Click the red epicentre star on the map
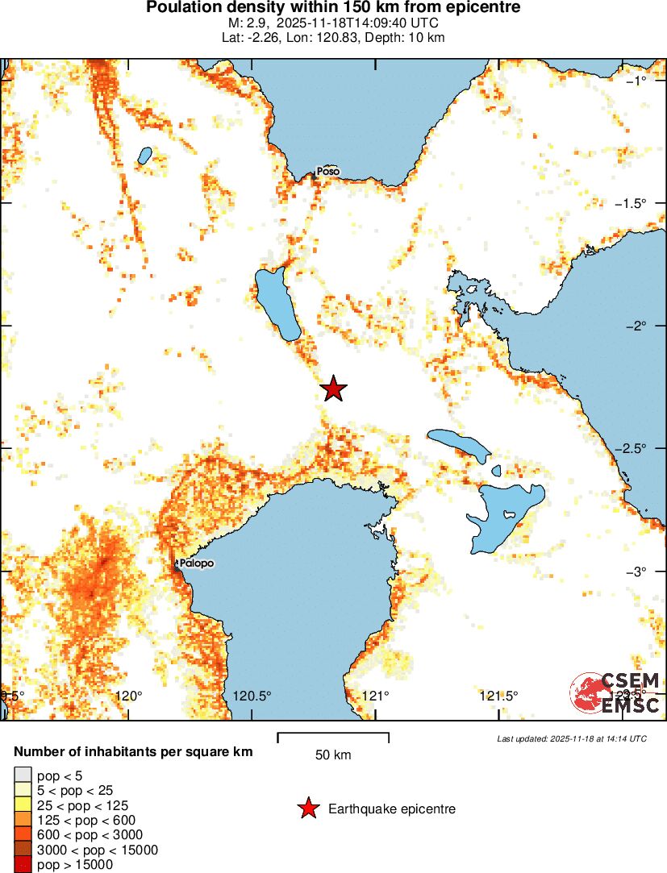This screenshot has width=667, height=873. coord(333,389)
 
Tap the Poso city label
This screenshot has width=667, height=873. coord(327,172)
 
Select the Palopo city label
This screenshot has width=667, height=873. coord(197,563)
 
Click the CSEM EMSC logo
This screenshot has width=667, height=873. coord(615,692)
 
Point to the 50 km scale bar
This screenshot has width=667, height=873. coord(333,736)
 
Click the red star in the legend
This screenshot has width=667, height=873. coord(307,809)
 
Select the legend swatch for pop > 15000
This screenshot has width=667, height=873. coord(23,865)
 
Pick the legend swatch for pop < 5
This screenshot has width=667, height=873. coord(23,775)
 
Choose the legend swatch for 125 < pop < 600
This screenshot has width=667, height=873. coord(23,820)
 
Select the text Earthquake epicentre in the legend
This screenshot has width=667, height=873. coord(392,809)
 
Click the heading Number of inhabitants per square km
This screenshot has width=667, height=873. coord(133,752)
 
